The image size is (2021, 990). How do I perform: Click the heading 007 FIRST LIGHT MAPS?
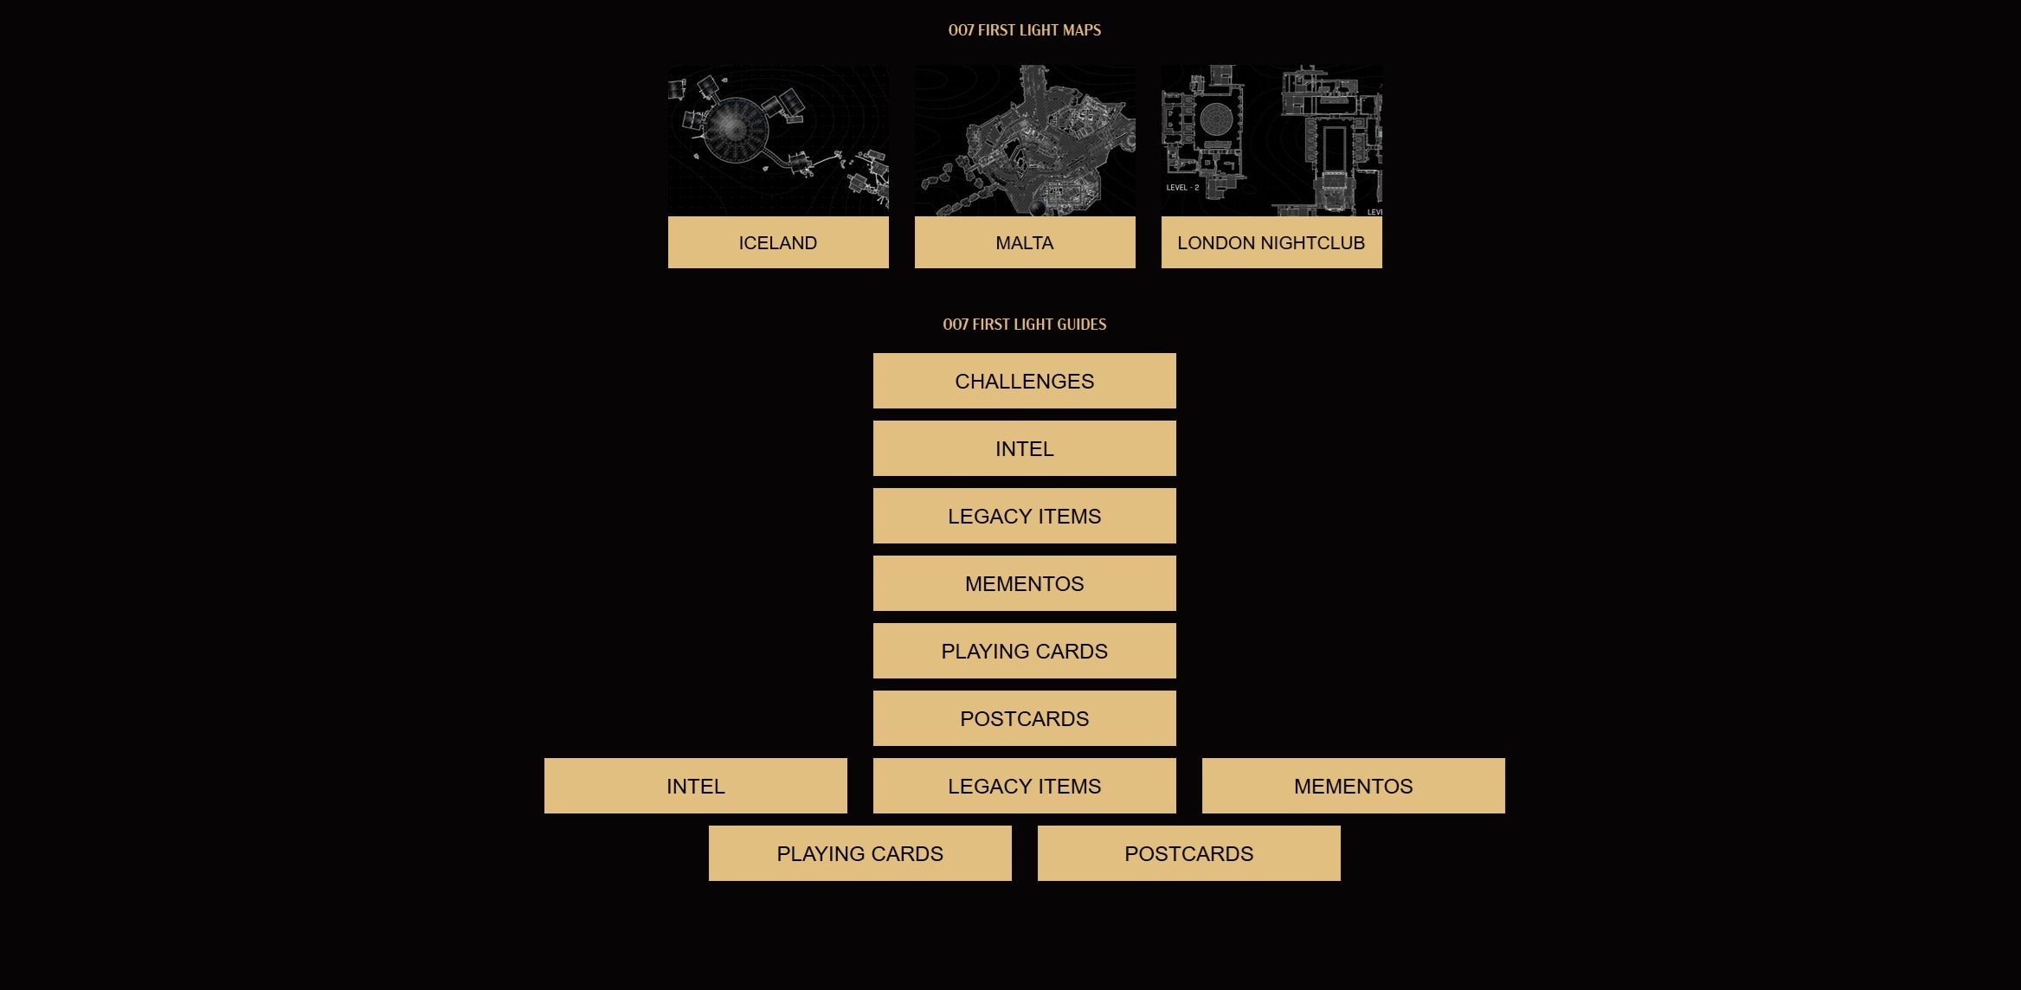point(1025,30)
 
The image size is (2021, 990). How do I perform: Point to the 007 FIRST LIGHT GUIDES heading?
point(1025,325)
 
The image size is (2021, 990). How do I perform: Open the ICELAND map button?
point(778,242)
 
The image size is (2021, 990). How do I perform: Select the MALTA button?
point(1025,242)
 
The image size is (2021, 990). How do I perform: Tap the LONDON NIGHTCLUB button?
point(1271,242)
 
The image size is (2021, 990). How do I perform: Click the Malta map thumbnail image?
point(1025,140)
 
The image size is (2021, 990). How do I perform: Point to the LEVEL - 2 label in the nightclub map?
point(1182,187)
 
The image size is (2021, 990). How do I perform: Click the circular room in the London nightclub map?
point(1216,119)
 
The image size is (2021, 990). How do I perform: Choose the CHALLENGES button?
point(1025,381)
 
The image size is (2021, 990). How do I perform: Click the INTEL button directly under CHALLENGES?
point(1025,448)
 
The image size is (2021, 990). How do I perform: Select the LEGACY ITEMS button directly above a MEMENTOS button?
point(1025,516)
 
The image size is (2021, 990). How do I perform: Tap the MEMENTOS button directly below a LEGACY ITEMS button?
point(1025,583)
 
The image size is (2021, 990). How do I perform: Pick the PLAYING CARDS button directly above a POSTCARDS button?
point(1025,651)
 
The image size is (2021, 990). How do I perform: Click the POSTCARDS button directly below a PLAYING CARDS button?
point(1025,718)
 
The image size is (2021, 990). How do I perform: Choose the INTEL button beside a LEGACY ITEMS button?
point(696,786)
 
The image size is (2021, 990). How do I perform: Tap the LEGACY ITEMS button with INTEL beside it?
point(1025,786)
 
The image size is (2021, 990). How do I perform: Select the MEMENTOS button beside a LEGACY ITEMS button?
point(1354,786)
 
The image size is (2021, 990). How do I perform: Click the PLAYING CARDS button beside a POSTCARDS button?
point(860,853)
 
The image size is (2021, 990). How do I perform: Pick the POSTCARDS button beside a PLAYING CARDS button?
point(1189,853)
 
